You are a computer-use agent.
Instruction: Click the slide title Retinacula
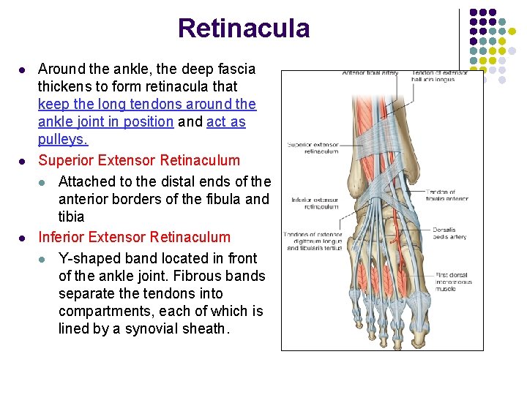243,29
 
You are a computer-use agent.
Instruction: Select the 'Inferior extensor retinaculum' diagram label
315,203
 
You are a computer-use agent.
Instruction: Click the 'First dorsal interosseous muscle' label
454,282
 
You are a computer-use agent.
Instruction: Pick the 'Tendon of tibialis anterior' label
446,195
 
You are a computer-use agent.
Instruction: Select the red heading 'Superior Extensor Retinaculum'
139,160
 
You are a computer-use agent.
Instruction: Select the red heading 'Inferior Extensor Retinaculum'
134,237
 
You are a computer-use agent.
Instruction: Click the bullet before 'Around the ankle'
23,70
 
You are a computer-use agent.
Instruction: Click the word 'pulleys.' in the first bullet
63,139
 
